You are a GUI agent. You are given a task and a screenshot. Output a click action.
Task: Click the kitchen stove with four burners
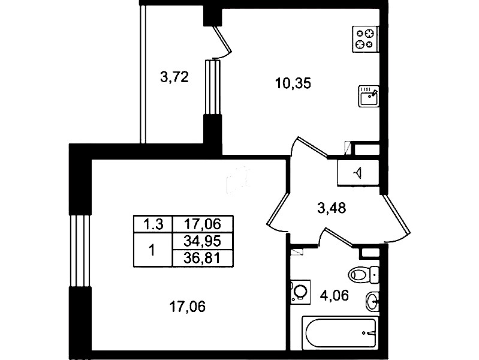click(365, 39)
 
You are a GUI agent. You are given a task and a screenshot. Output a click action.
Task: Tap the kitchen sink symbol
click(369, 96)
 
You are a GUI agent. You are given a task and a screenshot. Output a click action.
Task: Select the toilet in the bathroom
click(364, 275)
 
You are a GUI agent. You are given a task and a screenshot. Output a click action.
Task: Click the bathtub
click(340, 333)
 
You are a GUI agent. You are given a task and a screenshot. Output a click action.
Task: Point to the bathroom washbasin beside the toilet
click(372, 301)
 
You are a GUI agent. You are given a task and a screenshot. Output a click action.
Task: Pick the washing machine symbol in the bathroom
click(300, 292)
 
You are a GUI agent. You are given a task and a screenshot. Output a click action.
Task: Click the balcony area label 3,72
click(174, 77)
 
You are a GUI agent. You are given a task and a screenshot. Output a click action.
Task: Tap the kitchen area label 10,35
click(293, 83)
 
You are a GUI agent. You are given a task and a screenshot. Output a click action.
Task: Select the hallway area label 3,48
click(332, 208)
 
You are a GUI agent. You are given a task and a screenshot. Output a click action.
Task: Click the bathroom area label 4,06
click(334, 295)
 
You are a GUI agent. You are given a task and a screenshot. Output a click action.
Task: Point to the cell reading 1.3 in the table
click(153, 224)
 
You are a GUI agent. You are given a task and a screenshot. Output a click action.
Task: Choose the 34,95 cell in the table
click(203, 241)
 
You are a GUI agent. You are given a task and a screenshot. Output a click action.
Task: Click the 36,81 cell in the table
click(203, 259)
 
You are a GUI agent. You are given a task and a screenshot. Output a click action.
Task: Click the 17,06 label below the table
click(187, 307)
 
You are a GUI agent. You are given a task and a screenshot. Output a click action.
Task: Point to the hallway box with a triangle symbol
click(358, 173)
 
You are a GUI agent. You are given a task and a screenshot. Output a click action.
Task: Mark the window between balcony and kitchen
click(212, 87)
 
